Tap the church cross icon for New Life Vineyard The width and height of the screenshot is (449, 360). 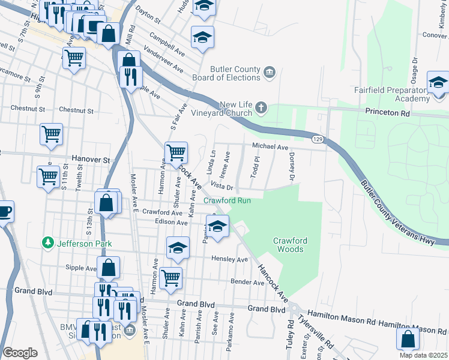(x=261, y=108)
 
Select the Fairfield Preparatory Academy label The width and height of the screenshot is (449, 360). (x=397, y=94)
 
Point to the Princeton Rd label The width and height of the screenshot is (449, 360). (x=387, y=112)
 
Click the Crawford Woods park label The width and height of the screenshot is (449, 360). (x=291, y=245)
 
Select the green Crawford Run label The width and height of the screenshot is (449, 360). (x=226, y=200)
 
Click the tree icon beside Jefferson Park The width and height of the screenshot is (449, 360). (x=47, y=244)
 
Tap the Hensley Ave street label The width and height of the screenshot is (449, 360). (x=229, y=260)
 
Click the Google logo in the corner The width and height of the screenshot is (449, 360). (x=20, y=352)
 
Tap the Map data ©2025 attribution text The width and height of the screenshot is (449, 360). (x=423, y=355)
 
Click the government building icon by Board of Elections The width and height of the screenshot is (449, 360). (x=270, y=73)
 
